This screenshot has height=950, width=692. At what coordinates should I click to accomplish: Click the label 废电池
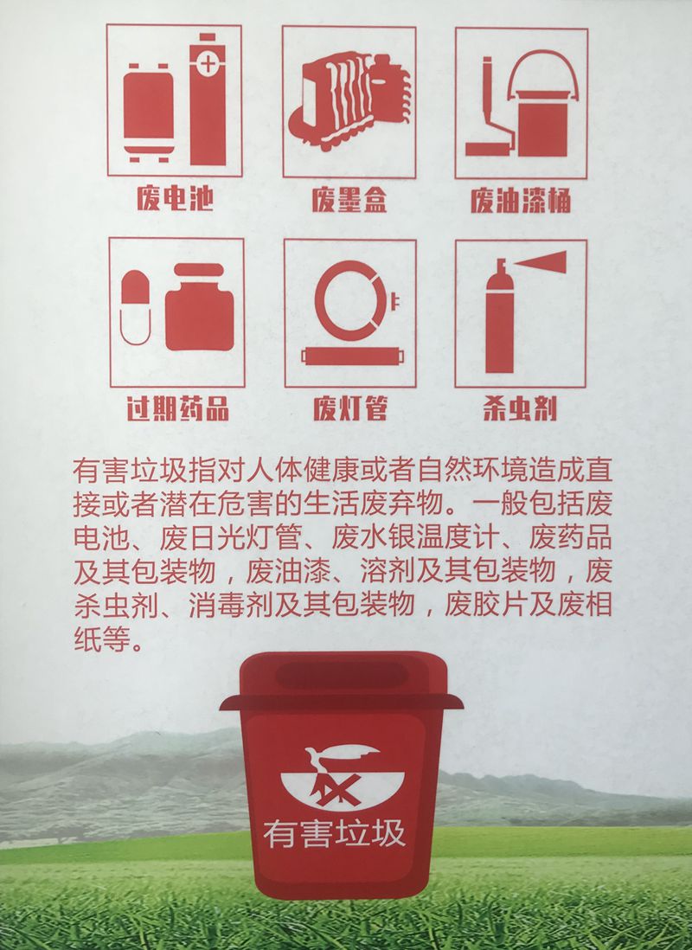click(175, 198)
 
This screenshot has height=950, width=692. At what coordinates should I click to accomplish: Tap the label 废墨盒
click(349, 199)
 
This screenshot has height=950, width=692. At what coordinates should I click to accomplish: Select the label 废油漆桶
click(521, 200)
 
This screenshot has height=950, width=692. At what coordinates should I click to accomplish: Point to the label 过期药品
click(177, 408)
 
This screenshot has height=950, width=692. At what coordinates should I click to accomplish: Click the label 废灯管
click(349, 408)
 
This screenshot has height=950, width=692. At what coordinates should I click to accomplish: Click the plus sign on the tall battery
click(208, 64)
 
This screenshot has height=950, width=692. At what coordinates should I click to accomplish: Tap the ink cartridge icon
click(349, 101)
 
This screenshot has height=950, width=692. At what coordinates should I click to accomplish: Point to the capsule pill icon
click(135, 307)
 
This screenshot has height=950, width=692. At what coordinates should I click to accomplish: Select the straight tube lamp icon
click(350, 356)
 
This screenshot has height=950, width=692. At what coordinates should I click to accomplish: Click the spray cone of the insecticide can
click(541, 262)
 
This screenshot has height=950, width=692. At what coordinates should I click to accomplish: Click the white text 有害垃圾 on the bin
click(335, 834)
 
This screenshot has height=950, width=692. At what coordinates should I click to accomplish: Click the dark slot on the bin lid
click(341, 675)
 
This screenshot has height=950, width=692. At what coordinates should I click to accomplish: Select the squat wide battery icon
click(149, 112)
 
